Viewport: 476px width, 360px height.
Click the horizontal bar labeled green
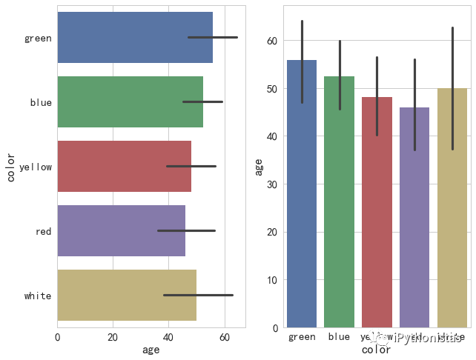tap(133, 38)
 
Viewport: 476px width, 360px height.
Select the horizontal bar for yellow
tap(124, 167)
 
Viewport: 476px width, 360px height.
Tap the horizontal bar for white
tap(126, 296)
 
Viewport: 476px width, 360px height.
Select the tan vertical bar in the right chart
tap(452, 207)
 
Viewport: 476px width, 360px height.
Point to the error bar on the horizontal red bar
tap(186, 230)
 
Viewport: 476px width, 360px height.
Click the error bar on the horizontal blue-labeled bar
tap(202, 101)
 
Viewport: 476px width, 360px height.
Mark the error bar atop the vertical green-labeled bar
tap(302, 61)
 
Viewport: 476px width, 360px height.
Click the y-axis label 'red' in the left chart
tap(43, 232)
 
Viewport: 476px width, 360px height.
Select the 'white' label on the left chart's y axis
tap(38, 296)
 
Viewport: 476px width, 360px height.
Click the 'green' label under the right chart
tap(302, 337)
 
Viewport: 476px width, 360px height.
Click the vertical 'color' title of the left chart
tap(10, 166)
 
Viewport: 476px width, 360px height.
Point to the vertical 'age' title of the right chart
tap(259, 166)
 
